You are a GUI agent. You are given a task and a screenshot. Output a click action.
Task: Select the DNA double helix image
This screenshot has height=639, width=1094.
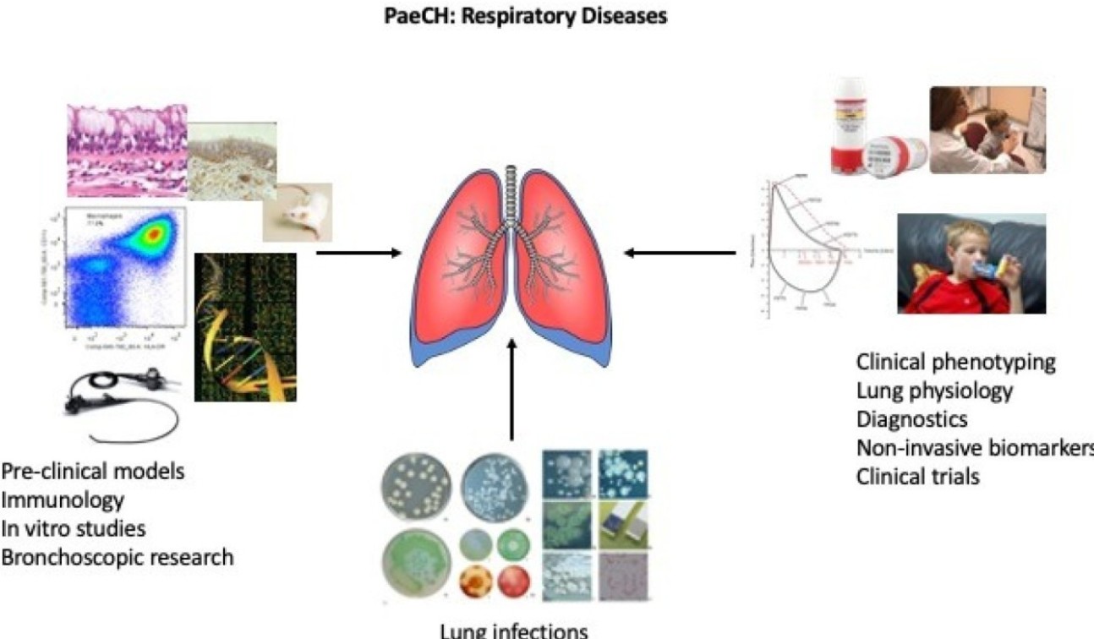pyautogui.click(x=245, y=327)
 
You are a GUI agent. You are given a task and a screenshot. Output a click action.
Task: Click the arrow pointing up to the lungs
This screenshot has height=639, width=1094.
pyautogui.click(x=511, y=389)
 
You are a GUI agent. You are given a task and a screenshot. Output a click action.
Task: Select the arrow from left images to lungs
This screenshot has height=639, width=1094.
pyautogui.click(x=358, y=252)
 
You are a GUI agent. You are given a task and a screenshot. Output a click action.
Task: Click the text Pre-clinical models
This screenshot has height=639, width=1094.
pyautogui.click(x=92, y=472)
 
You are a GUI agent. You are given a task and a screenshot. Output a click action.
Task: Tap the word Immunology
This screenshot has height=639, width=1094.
pyautogui.click(x=63, y=500)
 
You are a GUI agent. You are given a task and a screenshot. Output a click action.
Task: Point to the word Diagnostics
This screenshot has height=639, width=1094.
pyautogui.click(x=912, y=419)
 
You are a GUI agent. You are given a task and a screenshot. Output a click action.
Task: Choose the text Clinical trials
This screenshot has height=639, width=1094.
pyautogui.click(x=918, y=476)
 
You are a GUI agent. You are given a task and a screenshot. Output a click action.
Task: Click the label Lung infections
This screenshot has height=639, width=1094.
pyautogui.click(x=512, y=630)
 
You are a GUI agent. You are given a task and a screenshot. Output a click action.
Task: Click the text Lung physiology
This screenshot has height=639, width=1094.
pyautogui.click(x=934, y=390)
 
